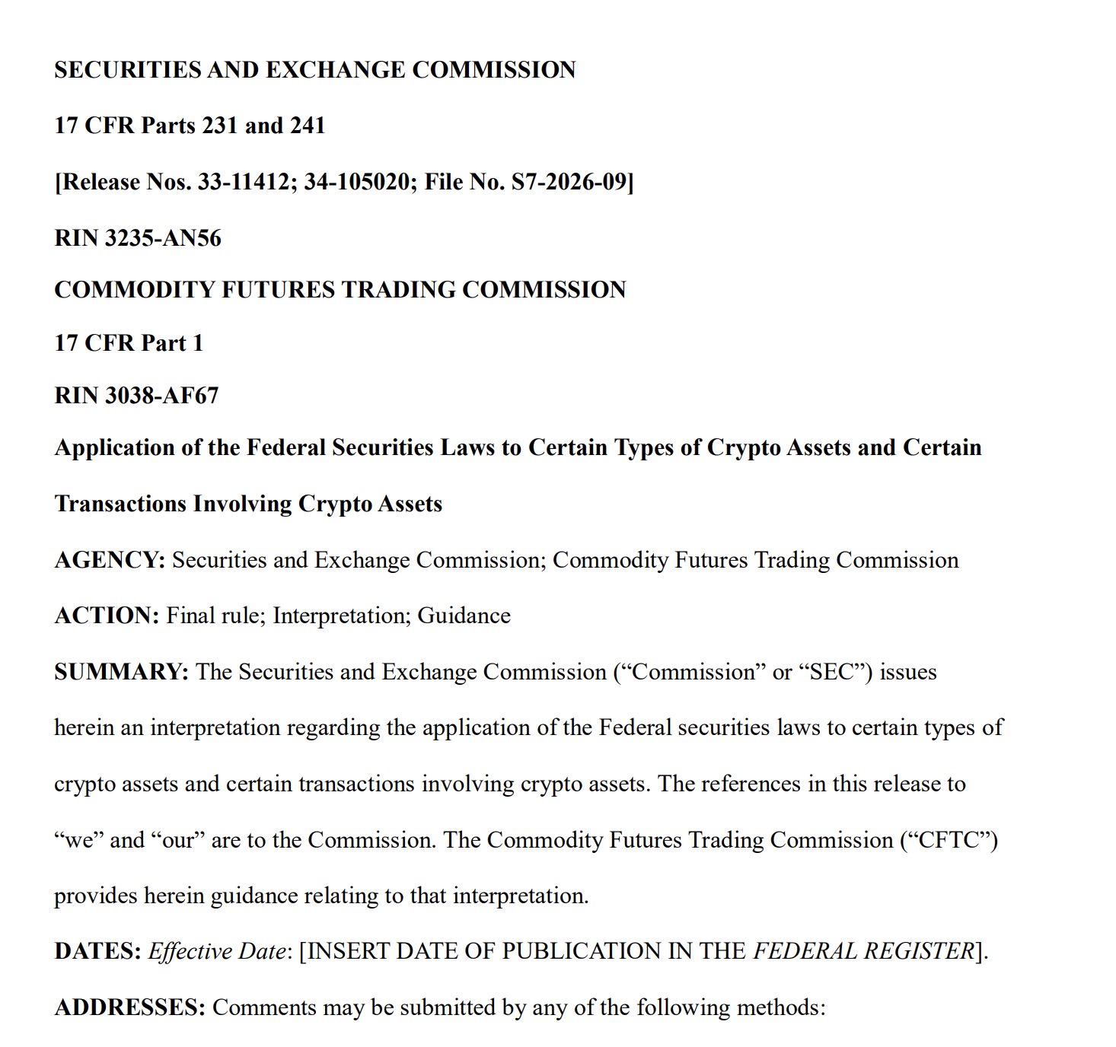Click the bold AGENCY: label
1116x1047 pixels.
coord(110,560)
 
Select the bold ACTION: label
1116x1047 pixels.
coord(107,616)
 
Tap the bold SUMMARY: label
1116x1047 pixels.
coord(121,672)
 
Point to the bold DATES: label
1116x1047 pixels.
coord(97,951)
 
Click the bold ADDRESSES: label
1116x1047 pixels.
coord(129,1007)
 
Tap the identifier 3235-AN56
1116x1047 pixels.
coord(163,238)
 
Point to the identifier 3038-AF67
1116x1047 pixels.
coord(161,396)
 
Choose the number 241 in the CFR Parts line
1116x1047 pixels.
coord(308,126)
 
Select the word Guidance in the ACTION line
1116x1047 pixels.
coord(464,616)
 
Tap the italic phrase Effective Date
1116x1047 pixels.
coord(217,951)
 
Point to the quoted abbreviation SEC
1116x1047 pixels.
coord(835,672)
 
